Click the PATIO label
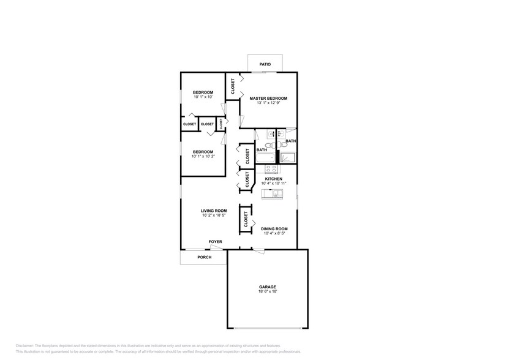click(x=265, y=64)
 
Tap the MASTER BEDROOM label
click(x=268, y=98)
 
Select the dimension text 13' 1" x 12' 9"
click(x=268, y=103)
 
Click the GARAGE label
click(x=267, y=287)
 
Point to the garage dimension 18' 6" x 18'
click(x=267, y=291)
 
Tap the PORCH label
click(x=204, y=257)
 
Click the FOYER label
click(x=215, y=242)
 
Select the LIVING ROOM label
click(x=214, y=211)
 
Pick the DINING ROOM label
click(x=275, y=228)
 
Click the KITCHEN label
click(x=273, y=179)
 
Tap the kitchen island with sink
click(x=273, y=194)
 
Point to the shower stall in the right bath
click(x=288, y=157)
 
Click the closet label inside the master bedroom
click(x=233, y=87)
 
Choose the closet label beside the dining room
click(x=246, y=219)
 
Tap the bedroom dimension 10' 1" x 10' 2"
click(x=203, y=157)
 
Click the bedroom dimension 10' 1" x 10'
click(x=203, y=97)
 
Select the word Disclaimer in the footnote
click(x=25, y=346)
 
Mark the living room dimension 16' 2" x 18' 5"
click(x=214, y=216)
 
